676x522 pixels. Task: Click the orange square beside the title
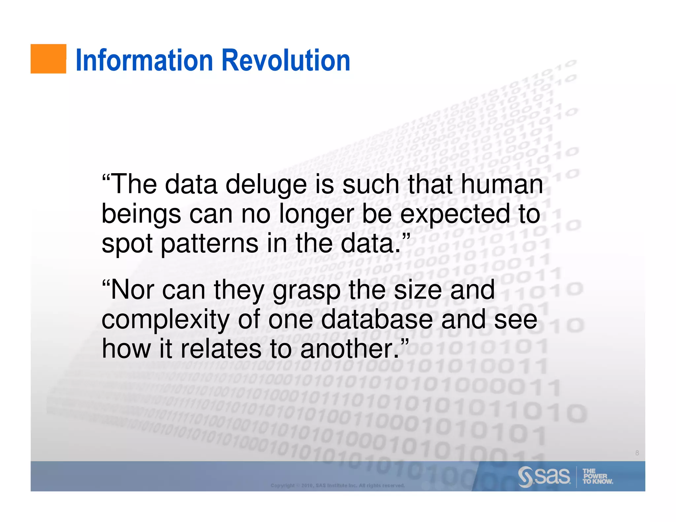pos(48,59)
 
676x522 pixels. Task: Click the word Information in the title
pos(144,60)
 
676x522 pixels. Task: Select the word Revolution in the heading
pos(286,60)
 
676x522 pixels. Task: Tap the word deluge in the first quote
pos(266,185)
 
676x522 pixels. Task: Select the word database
pos(377,319)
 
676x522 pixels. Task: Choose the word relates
pos(221,349)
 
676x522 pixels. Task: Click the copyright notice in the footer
pos(337,485)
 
